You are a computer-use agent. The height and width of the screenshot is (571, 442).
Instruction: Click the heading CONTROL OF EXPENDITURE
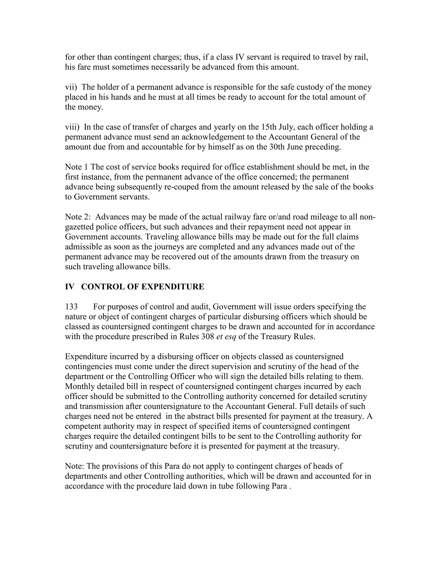point(142,287)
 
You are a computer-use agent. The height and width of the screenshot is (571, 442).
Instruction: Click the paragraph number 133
point(71,306)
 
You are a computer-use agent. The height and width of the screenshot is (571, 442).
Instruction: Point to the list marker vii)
point(71,87)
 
